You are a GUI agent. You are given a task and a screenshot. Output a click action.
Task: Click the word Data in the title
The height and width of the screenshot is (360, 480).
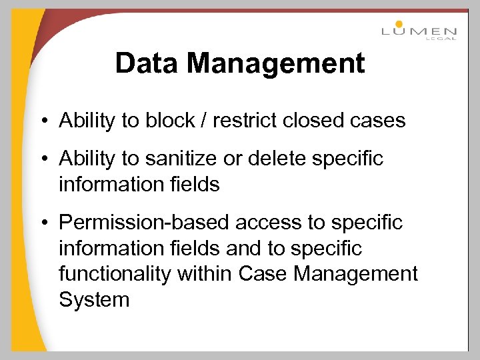(147, 64)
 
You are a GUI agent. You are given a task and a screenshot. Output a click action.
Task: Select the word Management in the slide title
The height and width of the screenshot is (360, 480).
(276, 64)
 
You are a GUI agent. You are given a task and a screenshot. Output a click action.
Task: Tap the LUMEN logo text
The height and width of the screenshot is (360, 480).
(419, 31)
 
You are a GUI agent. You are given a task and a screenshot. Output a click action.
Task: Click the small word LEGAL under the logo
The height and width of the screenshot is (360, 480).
(441, 39)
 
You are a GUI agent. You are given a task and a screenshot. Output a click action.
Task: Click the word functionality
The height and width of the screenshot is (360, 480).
(111, 274)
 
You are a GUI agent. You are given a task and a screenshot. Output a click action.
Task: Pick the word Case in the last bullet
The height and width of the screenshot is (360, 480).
(261, 274)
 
